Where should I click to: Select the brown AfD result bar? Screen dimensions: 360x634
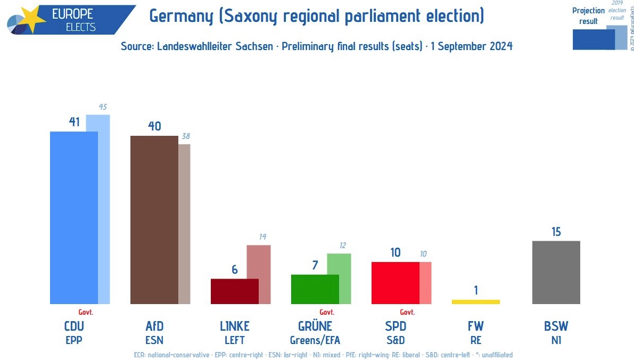(154, 219)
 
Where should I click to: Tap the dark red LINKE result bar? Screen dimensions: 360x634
(234, 291)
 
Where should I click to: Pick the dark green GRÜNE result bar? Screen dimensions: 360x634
(315, 289)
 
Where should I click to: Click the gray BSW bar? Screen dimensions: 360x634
(556, 272)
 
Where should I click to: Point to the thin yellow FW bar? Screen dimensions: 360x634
(475, 301)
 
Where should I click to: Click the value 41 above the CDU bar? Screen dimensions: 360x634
(74, 122)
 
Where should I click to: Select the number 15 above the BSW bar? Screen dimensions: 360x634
(556, 232)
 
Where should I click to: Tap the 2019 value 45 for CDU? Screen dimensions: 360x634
(103, 107)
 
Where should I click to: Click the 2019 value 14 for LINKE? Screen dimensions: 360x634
(262, 237)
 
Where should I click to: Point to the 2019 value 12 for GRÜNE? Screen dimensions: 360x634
(343, 246)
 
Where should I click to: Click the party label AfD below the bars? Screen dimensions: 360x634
(154, 326)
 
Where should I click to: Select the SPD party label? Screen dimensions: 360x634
(396, 326)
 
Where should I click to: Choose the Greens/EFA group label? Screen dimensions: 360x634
(315, 340)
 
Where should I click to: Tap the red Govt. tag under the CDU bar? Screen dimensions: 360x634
(86, 312)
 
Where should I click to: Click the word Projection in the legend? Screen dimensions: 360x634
(588, 11)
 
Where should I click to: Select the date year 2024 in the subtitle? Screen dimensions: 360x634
(500, 46)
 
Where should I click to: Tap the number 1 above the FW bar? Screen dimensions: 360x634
(476, 290)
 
